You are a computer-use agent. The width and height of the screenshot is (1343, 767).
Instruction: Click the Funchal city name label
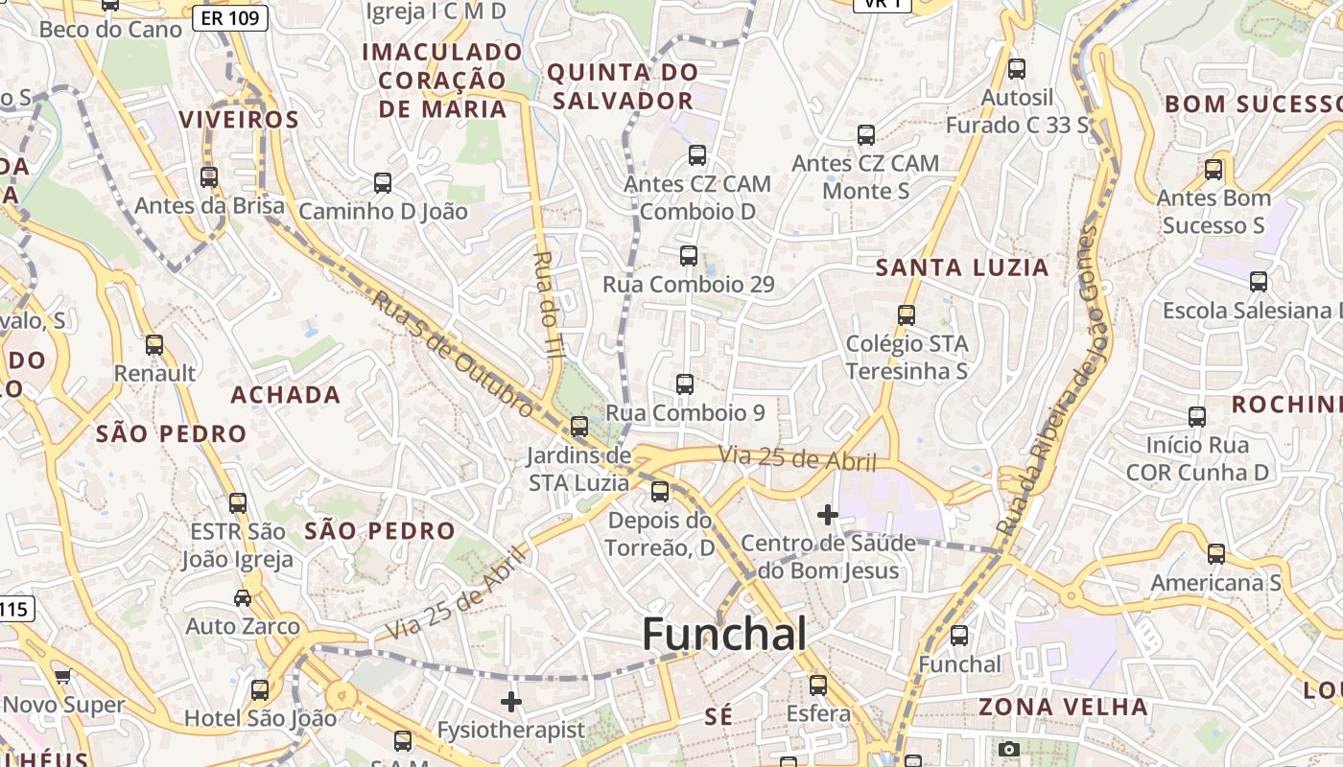click(724, 635)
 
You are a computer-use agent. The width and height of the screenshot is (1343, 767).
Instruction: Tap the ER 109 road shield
click(230, 17)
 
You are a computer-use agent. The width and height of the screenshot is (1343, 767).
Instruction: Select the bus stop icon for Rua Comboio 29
click(688, 256)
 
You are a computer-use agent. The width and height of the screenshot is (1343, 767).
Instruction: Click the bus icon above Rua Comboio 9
click(684, 384)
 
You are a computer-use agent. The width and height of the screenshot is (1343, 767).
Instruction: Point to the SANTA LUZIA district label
click(962, 268)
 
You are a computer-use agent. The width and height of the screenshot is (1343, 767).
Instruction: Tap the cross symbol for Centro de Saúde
click(827, 515)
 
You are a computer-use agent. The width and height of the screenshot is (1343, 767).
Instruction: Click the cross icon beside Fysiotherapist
click(511, 702)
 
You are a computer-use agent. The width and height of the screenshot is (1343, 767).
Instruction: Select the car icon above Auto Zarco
click(243, 598)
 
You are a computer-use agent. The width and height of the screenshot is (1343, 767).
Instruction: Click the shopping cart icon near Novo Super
click(63, 677)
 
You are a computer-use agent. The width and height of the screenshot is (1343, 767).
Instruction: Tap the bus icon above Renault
click(154, 345)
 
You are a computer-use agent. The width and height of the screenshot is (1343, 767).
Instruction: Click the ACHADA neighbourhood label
click(286, 395)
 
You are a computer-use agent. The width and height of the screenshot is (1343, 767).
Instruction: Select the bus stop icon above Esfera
click(817, 686)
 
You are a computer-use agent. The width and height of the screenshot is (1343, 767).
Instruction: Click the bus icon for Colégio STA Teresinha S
click(906, 314)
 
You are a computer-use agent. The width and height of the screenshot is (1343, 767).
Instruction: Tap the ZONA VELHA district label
click(1063, 708)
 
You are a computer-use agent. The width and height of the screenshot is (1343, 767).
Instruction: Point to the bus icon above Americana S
click(1215, 553)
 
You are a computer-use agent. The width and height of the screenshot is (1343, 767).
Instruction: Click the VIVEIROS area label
click(239, 120)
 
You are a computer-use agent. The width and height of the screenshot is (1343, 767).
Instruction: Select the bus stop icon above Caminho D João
click(382, 183)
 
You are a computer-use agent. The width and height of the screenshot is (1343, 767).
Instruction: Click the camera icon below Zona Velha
click(1008, 749)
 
